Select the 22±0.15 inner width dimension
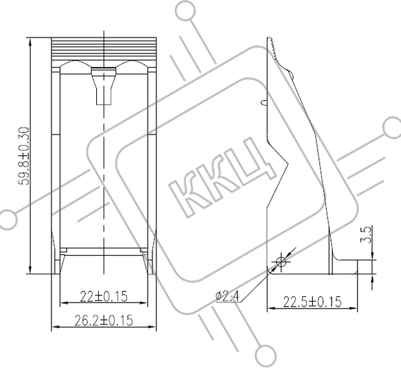104,296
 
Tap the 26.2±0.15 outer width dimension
104,320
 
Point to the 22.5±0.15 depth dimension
312,302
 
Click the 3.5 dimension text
366,235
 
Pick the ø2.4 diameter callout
227,296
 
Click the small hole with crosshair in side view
281,262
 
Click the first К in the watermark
188,197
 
